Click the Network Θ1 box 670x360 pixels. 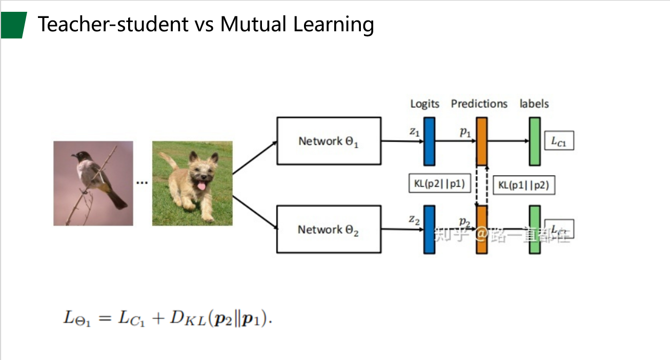pyautogui.click(x=329, y=141)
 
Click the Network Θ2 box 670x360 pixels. pyautogui.click(x=329, y=229)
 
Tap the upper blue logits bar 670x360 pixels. pyautogui.click(x=429, y=141)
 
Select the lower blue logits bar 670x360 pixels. pyautogui.click(x=429, y=229)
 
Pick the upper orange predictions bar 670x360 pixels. pyautogui.click(x=481, y=141)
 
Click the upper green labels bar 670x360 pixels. pyautogui.click(x=535, y=141)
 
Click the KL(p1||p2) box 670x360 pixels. pyautogui.click(x=524, y=185)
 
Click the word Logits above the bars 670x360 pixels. pyautogui.click(x=424, y=104)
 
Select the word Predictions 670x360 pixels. pyautogui.click(x=479, y=104)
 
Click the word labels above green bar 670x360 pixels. pyautogui.click(x=534, y=104)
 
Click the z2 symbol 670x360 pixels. pyautogui.click(x=414, y=219)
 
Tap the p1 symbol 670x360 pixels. pyautogui.click(x=465, y=132)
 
